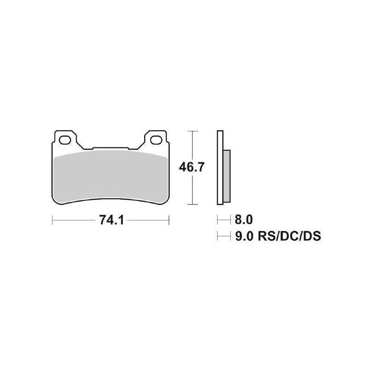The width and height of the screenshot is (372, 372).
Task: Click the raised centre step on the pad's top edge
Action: [x=111, y=149]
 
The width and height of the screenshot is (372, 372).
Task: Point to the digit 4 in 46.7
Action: [x=184, y=167]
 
